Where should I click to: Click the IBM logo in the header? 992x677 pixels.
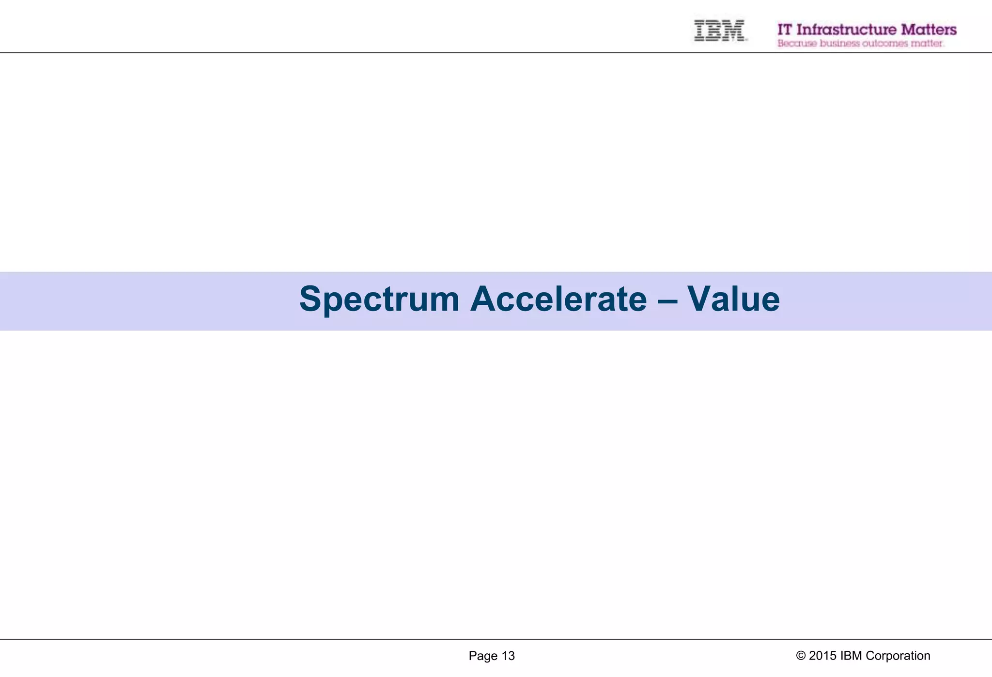point(719,30)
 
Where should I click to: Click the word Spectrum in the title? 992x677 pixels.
point(379,299)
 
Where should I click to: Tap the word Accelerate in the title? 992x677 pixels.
point(558,299)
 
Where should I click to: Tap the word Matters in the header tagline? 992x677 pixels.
point(929,30)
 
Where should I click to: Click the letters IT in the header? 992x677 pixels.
point(785,30)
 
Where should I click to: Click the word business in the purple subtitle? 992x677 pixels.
point(839,44)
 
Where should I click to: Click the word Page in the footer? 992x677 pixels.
point(483,656)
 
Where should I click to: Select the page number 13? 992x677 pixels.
point(508,656)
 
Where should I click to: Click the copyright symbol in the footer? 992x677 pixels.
point(801,656)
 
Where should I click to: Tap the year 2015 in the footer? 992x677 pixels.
point(822,656)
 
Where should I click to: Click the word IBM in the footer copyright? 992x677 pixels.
point(851,656)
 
